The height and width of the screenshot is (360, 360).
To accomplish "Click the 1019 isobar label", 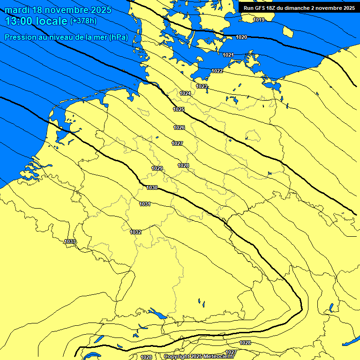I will click(259, 20).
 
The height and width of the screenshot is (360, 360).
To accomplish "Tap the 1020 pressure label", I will click(241, 37).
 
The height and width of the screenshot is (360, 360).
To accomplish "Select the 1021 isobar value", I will click(228, 55).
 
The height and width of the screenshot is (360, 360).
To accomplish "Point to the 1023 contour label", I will click(202, 86).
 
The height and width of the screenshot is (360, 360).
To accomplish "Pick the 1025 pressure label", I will click(179, 109).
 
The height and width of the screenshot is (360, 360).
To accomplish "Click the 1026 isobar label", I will click(179, 127).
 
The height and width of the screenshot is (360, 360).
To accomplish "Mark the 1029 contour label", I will click(157, 168).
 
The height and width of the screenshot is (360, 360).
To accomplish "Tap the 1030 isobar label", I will click(152, 187).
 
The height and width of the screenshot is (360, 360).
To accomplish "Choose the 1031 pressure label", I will click(145, 204).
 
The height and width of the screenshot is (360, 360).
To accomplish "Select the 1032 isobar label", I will click(135, 232).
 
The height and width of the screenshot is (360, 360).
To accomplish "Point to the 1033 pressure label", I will click(70, 241).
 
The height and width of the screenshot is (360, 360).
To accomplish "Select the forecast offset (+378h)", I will click(83, 21).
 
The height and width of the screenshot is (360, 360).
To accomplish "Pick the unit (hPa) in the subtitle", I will click(118, 37).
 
